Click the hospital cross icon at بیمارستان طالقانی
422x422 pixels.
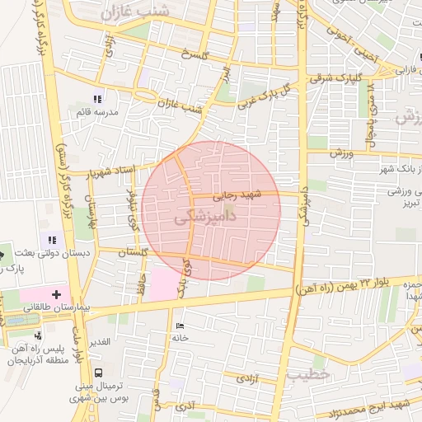[x=56, y=293]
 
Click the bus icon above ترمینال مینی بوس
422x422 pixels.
[x=99, y=373]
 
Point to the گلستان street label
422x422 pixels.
[x=132, y=252]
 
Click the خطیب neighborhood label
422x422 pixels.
[x=308, y=374]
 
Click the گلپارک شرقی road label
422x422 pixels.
[x=333, y=77]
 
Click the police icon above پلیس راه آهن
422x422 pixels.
[x=39, y=335]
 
